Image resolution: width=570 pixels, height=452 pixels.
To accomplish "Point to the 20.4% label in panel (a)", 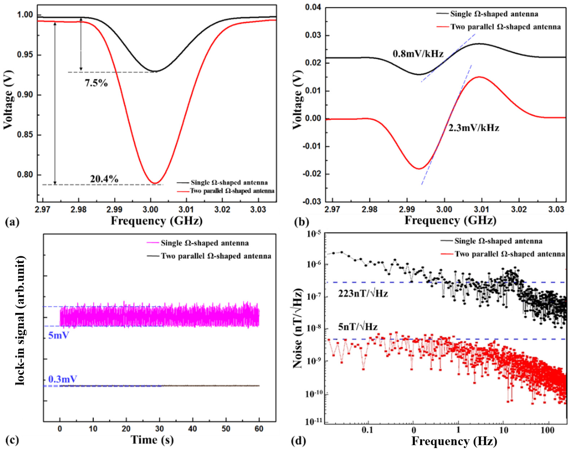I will coord(104,179).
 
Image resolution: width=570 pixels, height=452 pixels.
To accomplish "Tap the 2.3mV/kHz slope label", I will coord(473,128).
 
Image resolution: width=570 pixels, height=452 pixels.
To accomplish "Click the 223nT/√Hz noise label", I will coord(363,294).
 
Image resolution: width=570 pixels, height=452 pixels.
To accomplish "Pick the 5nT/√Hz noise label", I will coord(358,327).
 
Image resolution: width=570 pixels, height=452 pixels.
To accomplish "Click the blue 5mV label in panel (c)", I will coord(58,336).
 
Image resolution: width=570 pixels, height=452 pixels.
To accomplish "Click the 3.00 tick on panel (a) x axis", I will coord(151,210).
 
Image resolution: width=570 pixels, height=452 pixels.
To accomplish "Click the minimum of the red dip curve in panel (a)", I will coord(155,183).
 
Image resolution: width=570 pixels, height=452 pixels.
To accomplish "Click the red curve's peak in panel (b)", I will coord(479,77).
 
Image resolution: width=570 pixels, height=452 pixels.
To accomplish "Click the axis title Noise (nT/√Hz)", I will coord(298,329).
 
